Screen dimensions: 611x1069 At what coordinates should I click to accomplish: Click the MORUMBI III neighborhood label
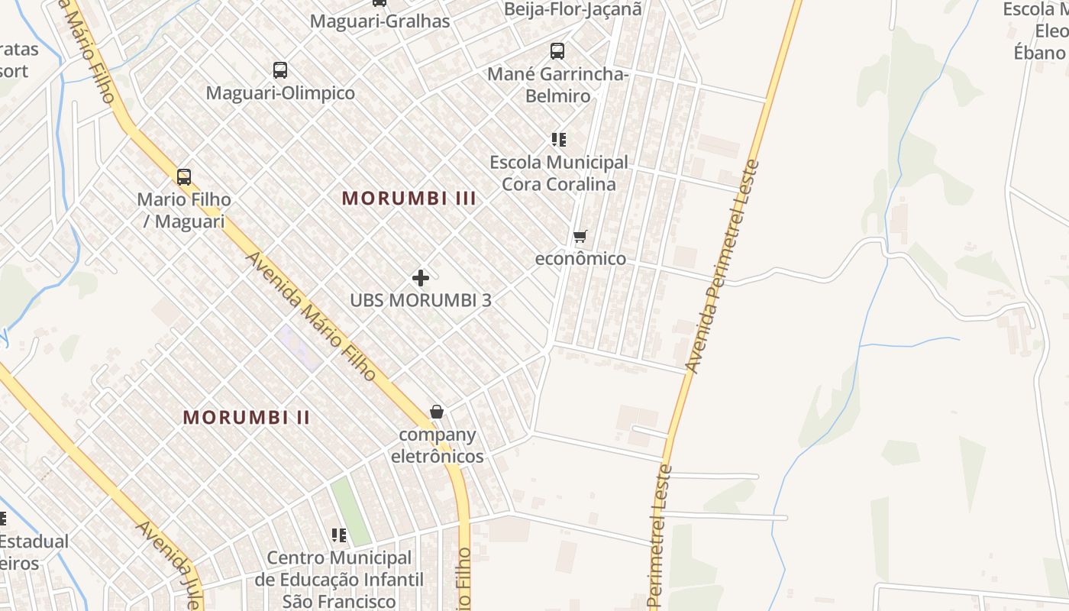coord(409,199)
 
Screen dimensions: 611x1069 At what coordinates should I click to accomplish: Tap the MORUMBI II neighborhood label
coord(247,418)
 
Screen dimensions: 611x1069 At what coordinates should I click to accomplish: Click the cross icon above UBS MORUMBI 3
coord(420,278)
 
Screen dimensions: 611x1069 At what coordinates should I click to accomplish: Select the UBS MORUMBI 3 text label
coord(420,300)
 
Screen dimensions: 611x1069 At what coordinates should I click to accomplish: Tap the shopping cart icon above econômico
coord(580,236)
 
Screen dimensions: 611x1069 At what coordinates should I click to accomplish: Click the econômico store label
coord(580,259)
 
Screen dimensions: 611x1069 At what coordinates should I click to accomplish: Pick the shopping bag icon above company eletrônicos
coord(437,412)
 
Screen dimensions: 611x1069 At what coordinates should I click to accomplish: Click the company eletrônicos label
coord(437,445)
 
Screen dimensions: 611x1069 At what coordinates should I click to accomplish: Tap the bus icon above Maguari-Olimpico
coord(280,70)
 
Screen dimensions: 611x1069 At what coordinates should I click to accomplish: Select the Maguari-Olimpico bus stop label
coord(280,93)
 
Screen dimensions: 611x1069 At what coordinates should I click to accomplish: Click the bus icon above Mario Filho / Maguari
coord(183,177)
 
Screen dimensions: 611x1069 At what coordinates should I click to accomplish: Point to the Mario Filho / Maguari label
coord(183,210)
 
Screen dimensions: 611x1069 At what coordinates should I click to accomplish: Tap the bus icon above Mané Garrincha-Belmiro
coord(557,51)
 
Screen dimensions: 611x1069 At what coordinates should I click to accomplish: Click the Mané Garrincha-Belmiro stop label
coord(557,85)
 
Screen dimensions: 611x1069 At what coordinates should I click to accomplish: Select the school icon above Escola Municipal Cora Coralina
coord(559,140)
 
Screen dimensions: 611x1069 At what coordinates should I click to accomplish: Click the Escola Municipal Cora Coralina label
coord(559,173)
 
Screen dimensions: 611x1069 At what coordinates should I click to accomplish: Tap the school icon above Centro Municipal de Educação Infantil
coord(338,535)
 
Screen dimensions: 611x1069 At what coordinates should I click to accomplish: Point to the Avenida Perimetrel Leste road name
coord(723,267)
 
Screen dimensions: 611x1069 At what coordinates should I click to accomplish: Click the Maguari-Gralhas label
coord(379,21)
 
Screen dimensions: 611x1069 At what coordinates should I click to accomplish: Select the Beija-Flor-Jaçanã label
coord(573,9)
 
